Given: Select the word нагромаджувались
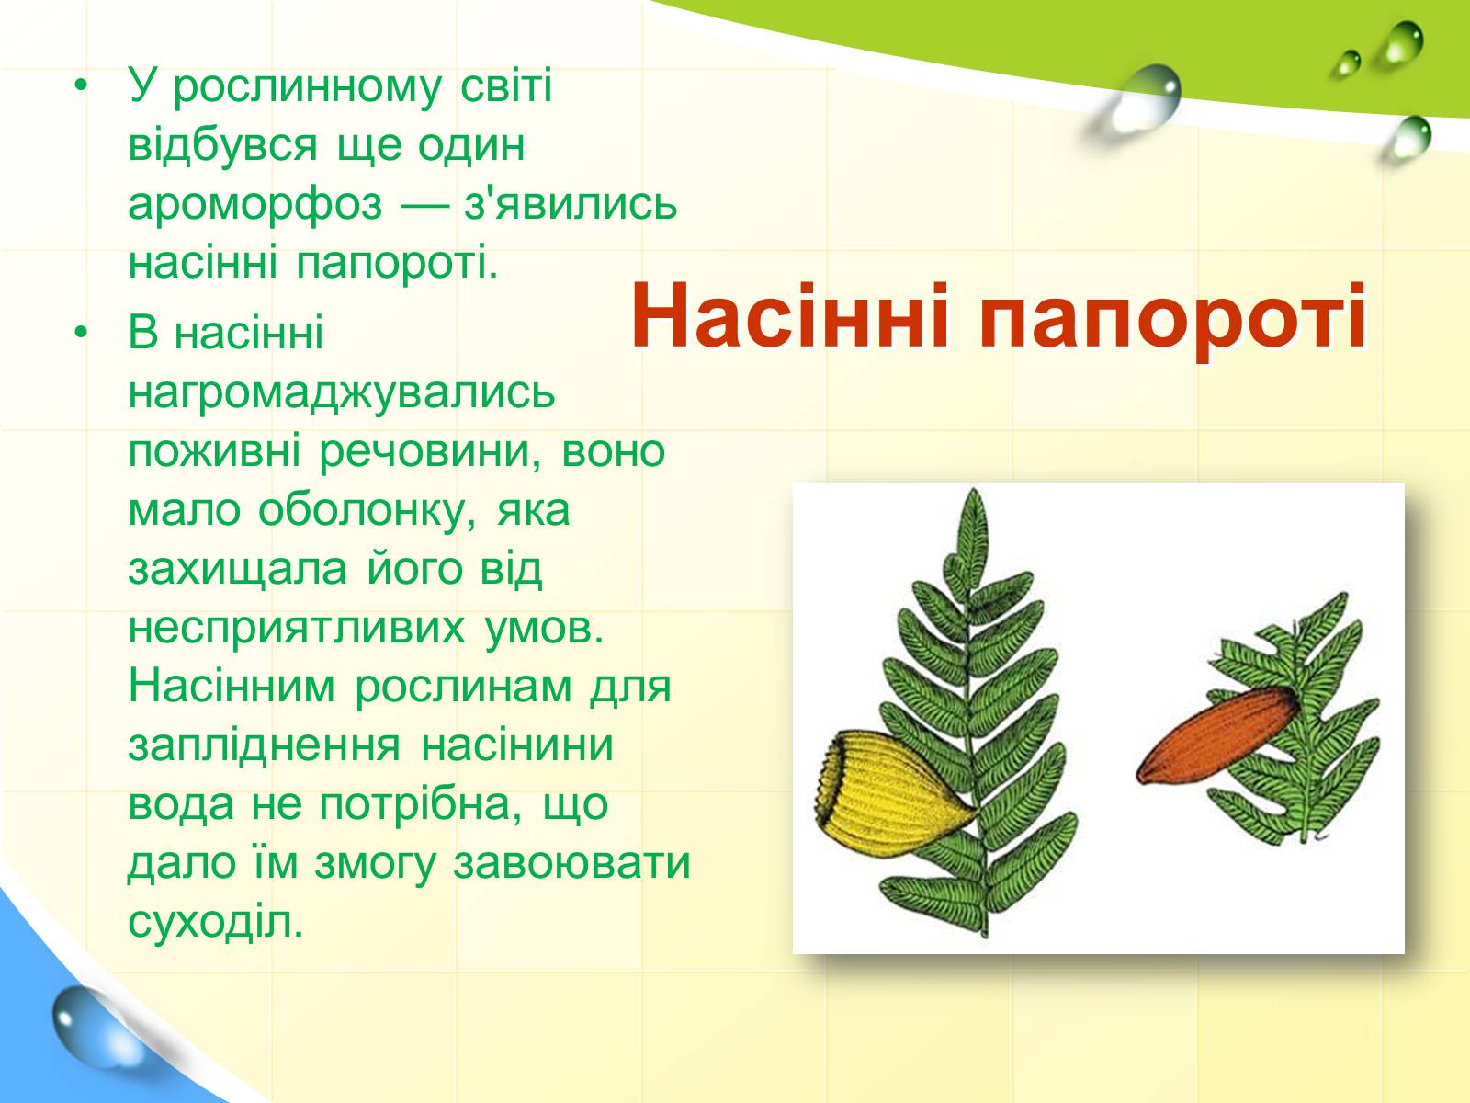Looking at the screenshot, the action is [x=342, y=394].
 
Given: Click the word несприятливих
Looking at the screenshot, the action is [x=296, y=629].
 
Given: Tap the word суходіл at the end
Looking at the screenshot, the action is [x=216, y=923].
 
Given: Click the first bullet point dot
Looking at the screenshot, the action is [x=81, y=87].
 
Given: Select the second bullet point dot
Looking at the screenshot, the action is [x=81, y=332].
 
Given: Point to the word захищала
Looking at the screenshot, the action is [x=237, y=571].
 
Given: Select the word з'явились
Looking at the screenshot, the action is [x=570, y=202].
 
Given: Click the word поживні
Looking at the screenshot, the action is [x=214, y=453].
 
